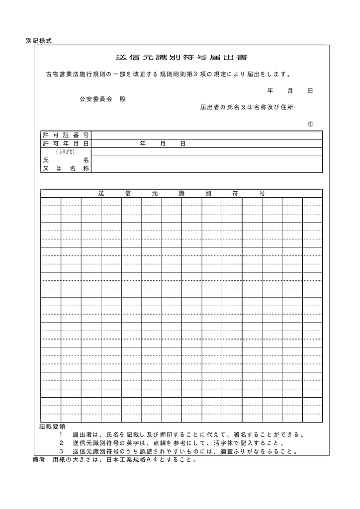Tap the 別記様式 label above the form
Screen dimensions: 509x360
[39, 41]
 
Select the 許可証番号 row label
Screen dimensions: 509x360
[66, 135]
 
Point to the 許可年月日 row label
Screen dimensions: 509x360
[66, 143]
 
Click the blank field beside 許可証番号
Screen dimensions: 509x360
[207, 135]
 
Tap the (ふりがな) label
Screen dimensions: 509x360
[66, 151]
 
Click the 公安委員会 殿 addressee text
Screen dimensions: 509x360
[103, 99]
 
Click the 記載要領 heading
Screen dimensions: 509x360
[52, 426]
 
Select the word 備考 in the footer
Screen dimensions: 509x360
[39, 460]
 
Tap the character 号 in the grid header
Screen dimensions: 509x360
[262, 193]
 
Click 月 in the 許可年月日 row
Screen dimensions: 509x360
[163, 143]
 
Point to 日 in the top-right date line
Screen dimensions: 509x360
[310, 91]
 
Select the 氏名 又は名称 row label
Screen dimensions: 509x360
[66, 164]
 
